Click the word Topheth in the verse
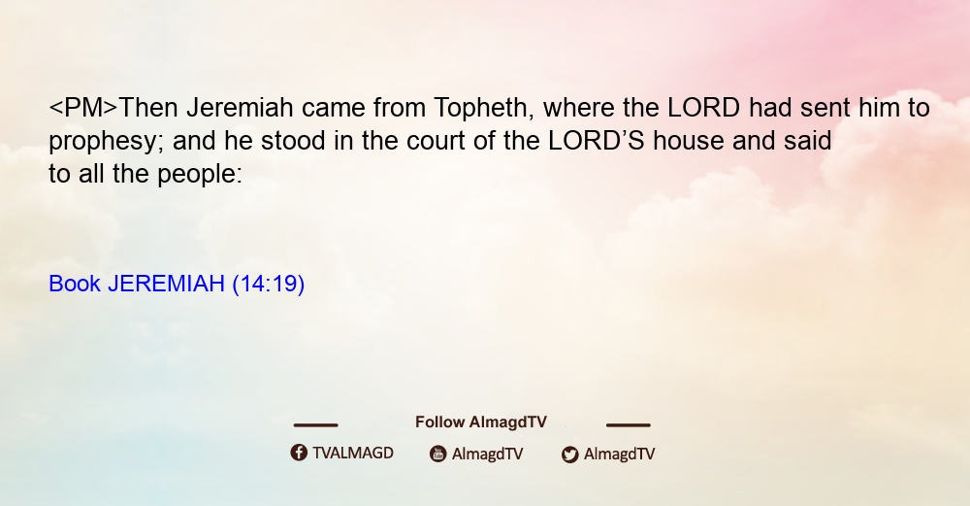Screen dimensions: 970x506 pyautogui.click(x=479, y=109)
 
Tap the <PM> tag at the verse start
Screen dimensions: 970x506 pyautogui.click(x=83, y=108)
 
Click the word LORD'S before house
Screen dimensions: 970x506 pyautogui.click(x=597, y=141)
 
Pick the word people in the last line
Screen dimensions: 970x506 pyautogui.click(x=200, y=174)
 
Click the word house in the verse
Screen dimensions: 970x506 pyautogui.click(x=689, y=141)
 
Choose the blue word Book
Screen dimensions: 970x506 pyautogui.click(x=75, y=284)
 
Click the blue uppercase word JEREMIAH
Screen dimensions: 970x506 pyautogui.click(x=166, y=284)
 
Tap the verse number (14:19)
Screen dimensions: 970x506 pyautogui.click(x=269, y=284)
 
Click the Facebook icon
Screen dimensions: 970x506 pyautogui.click(x=299, y=453)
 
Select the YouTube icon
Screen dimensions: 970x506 pyautogui.click(x=438, y=454)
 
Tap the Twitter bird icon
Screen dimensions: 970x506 pyautogui.click(x=569, y=455)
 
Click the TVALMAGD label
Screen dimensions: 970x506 pyautogui.click(x=353, y=453)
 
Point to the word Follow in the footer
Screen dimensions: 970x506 pyautogui.click(x=439, y=422)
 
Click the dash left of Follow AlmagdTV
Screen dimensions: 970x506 pyautogui.click(x=315, y=424)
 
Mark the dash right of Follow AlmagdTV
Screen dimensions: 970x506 pyautogui.click(x=629, y=424)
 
